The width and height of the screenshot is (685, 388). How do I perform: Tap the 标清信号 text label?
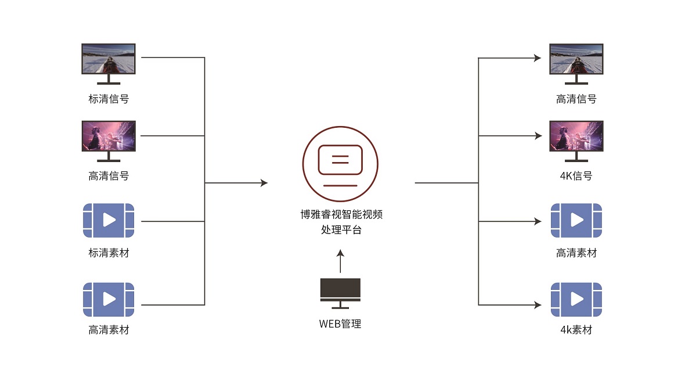tap(109, 99)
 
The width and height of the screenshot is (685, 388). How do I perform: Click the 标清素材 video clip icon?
tap(109, 220)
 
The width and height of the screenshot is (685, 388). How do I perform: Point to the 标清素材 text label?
tap(109, 253)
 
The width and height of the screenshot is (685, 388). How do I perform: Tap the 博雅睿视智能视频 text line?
tap(340, 215)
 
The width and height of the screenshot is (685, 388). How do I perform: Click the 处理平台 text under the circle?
tap(340, 229)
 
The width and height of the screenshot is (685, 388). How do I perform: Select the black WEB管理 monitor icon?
tap(340, 291)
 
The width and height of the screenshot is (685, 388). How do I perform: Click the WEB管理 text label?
tap(340, 324)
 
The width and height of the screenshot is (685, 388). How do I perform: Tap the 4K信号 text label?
tap(576, 176)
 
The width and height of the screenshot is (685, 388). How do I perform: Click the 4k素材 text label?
tap(576, 330)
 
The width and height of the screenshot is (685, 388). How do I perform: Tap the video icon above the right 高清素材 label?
tap(576, 220)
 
